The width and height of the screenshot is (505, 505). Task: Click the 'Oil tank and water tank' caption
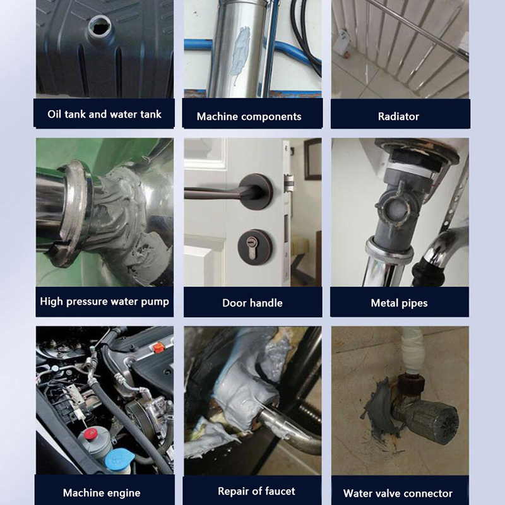104,114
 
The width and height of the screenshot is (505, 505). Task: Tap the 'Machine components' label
249,116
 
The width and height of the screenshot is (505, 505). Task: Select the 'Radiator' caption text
398,116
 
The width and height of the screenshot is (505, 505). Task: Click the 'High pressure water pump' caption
104,302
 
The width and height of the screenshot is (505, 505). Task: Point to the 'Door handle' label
252,303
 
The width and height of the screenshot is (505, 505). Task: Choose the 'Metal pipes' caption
399,303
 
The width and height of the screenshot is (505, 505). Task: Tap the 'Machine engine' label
102,493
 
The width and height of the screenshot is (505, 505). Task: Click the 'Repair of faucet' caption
256,491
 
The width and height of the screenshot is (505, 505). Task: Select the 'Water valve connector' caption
398,494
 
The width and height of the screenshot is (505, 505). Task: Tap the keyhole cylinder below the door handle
251,247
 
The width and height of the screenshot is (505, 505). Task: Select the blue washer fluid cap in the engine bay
119,460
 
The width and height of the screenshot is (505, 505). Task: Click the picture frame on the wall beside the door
312,159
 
